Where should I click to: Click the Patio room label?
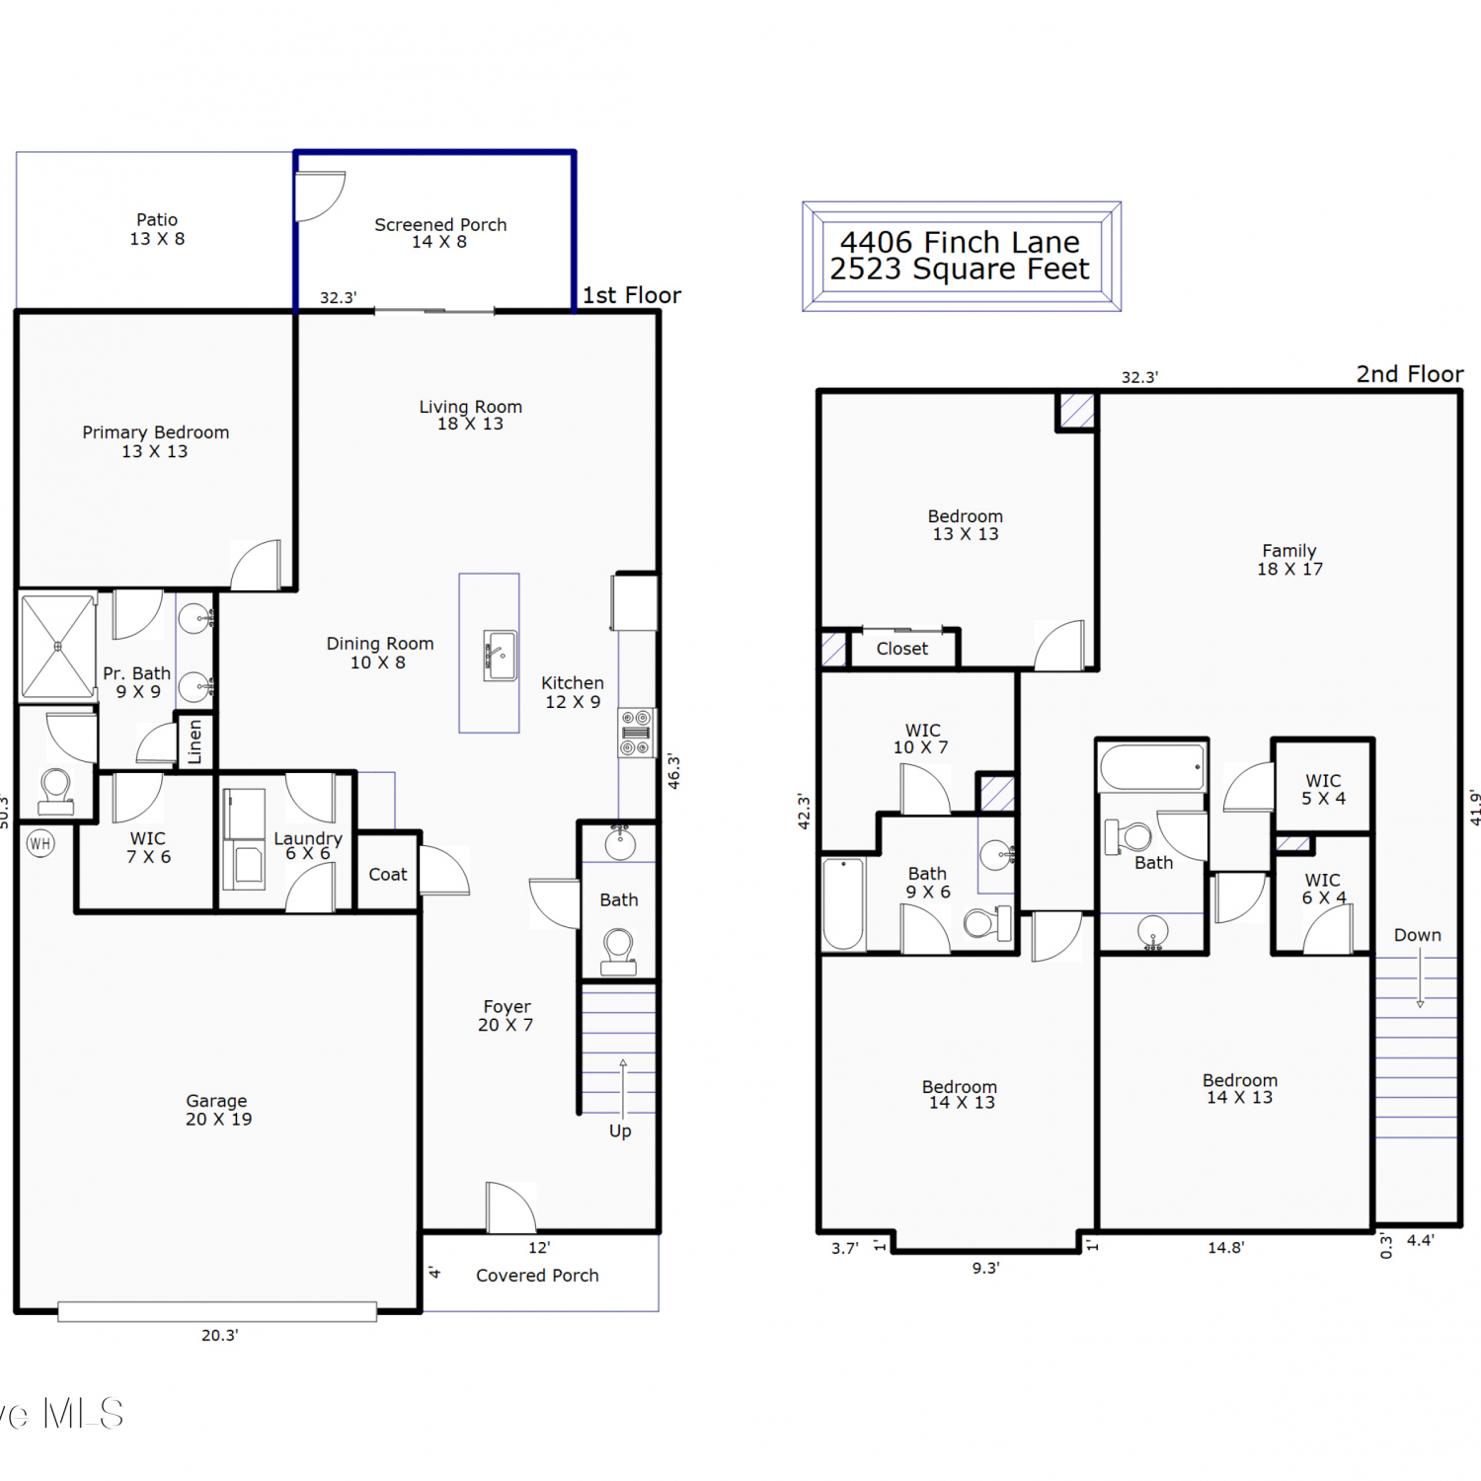(x=157, y=229)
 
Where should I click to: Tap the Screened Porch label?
(x=440, y=233)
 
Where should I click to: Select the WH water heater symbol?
(x=40, y=843)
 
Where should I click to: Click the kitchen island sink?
(x=501, y=656)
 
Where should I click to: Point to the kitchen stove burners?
(x=636, y=733)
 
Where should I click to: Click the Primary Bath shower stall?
(x=58, y=647)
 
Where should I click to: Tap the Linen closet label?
(x=195, y=741)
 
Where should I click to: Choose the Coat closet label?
(x=388, y=875)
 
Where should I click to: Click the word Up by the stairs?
(x=620, y=1131)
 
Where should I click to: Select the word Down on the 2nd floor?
(x=1418, y=935)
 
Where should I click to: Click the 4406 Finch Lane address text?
(x=960, y=242)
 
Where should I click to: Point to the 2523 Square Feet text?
(x=960, y=270)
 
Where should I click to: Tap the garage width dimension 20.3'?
(x=220, y=1336)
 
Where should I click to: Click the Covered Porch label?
(x=537, y=1276)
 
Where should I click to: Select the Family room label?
(x=1289, y=560)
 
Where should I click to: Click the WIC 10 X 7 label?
(x=921, y=739)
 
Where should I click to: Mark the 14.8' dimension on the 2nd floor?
(x=1226, y=1248)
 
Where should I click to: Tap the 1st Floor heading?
(x=632, y=295)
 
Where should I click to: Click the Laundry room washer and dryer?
(x=244, y=839)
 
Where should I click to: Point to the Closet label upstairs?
(x=902, y=649)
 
